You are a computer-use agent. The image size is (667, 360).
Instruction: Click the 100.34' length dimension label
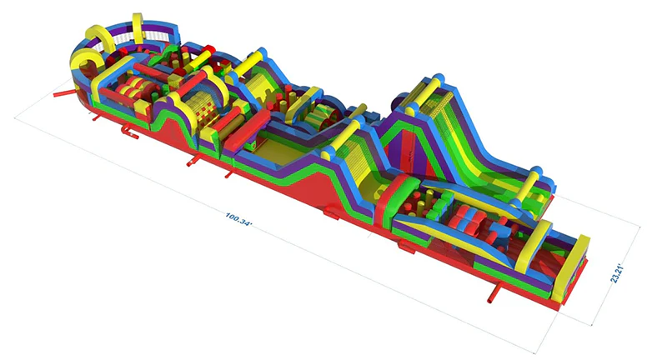coord(238,221)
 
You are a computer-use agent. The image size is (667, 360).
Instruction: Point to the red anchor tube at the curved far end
coord(65,92)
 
